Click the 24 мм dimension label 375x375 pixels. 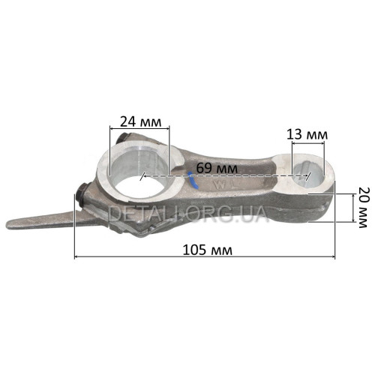(141, 121)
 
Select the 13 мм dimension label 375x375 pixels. (307, 134)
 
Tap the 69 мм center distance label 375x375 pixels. (217, 168)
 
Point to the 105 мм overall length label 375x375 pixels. (208, 250)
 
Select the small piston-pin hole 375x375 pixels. (307, 174)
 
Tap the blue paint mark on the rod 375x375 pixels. (193, 180)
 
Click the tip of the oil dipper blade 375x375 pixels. (7, 223)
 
